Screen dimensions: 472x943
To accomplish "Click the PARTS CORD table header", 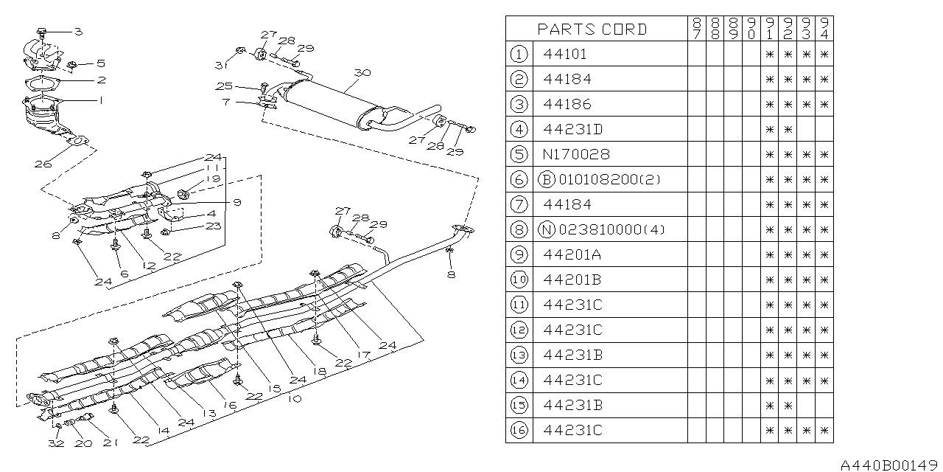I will [592, 29].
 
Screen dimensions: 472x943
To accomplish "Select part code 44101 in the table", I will [566, 54].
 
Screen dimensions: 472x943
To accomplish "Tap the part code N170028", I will [577, 154].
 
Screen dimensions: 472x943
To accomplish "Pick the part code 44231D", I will [572, 129].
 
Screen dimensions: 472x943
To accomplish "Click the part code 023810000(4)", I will [610, 229].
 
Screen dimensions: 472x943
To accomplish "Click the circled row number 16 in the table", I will [519, 430].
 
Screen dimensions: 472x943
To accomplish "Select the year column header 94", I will [824, 29].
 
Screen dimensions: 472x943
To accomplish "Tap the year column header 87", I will [696, 29].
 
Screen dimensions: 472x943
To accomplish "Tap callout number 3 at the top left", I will [78, 31].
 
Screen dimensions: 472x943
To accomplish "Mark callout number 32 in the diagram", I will [57, 443].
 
